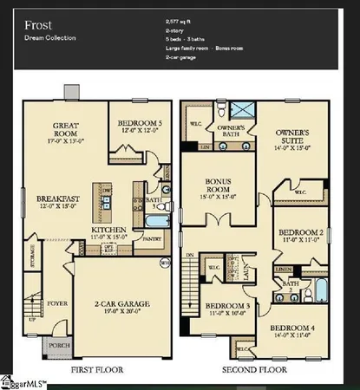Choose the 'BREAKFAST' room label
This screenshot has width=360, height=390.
[x=57, y=198]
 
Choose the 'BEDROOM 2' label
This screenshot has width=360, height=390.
[x=299, y=233]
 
